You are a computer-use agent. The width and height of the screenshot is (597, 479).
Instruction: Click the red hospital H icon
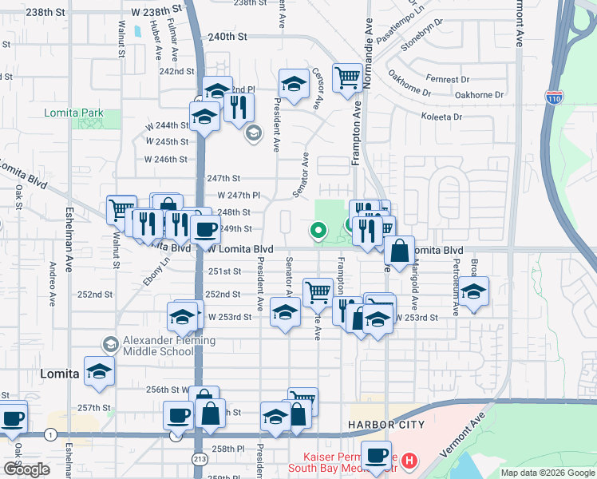(x=409, y=460)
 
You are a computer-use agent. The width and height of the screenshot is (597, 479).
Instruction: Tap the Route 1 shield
(x=51, y=433)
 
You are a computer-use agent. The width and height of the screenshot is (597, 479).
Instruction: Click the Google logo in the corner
(x=26, y=469)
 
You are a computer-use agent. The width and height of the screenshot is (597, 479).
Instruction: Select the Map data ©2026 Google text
(x=548, y=473)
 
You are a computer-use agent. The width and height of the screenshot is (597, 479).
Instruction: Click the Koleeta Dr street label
(x=441, y=117)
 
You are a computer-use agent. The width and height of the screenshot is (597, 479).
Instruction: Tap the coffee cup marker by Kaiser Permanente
(x=376, y=457)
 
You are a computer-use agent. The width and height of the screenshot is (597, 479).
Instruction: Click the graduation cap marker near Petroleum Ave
(x=473, y=292)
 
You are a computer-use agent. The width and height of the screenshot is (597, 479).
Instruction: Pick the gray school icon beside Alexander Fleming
(x=111, y=345)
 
